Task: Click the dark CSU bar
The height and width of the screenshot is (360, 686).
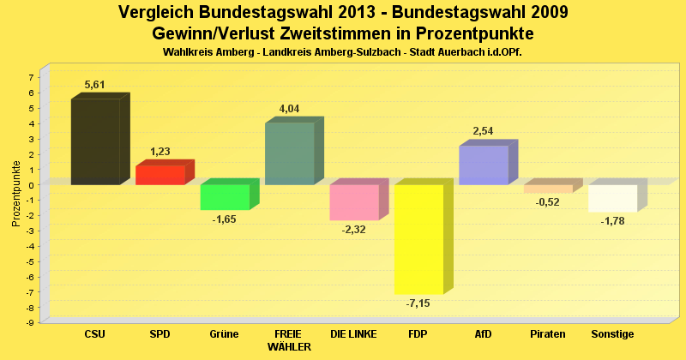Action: click(x=95, y=141)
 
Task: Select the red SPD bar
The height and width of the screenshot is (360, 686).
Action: click(x=160, y=175)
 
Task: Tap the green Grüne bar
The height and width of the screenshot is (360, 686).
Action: click(x=225, y=197)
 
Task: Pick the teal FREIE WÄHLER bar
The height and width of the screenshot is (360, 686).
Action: click(x=290, y=153)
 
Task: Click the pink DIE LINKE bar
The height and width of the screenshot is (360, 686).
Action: click(x=353, y=202)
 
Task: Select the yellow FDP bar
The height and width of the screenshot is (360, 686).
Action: click(x=418, y=239)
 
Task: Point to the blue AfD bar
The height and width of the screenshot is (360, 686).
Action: click(x=484, y=165)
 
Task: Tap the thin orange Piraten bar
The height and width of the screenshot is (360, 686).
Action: click(x=548, y=189)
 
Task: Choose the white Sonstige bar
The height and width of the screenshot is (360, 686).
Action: click(x=612, y=198)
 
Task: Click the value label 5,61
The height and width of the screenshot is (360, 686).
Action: click(x=94, y=84)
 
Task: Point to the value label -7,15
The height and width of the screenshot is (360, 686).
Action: click(x=418, y=303)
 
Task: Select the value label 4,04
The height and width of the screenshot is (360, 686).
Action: click(x=289, y=109)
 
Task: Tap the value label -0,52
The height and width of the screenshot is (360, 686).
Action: click(x=547, y=202)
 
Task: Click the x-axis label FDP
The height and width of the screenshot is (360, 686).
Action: click(x=418, y=333)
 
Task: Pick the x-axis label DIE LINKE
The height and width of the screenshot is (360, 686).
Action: click(x=353, y=333)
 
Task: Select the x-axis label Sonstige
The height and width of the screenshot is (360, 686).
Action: click(x=612, y=333)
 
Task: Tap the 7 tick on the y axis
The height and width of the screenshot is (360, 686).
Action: click(x=30, y=77)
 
